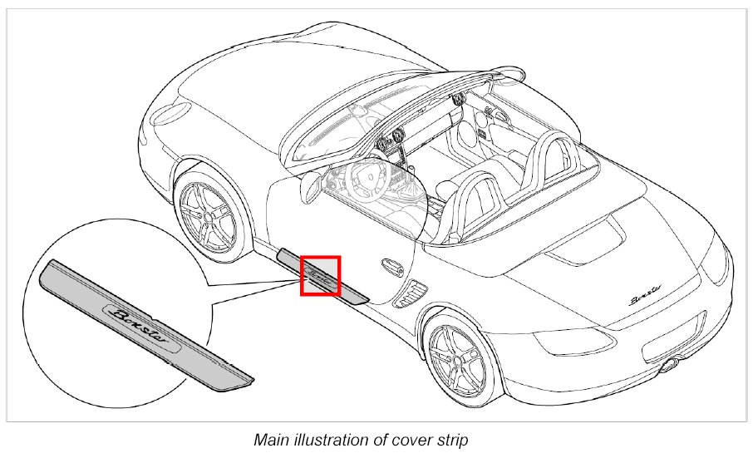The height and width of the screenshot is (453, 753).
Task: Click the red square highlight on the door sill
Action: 320,275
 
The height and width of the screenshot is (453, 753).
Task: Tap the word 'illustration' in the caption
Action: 337,438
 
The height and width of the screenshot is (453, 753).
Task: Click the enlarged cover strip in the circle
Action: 145,324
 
